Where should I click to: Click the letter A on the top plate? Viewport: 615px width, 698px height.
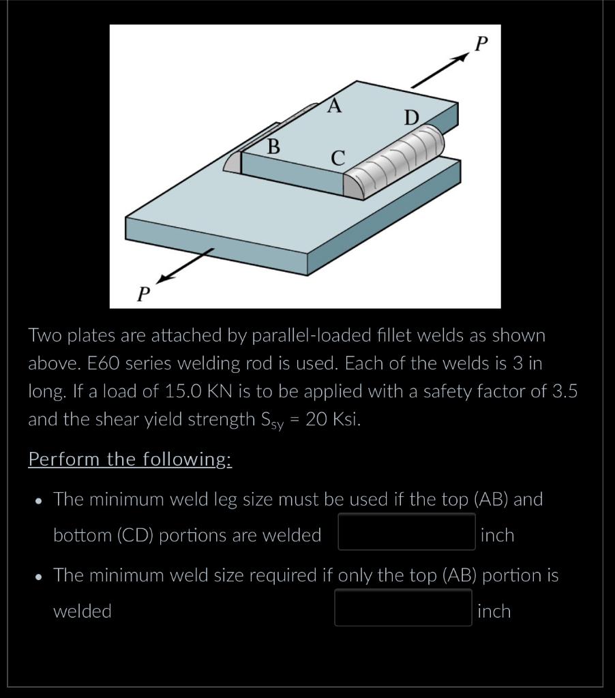(x=333, y=106)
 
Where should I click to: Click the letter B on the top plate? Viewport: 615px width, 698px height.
(x=273, y=146)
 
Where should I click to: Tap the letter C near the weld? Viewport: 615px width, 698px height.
(x=338, y=157)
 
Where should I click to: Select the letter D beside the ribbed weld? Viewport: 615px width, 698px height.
(x=410, y=118)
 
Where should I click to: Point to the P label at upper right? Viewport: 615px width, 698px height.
(x=481, y=44)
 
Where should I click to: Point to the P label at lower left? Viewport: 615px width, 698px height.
(x=143, y=294)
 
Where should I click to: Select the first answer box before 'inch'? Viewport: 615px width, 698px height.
(x=406, y=532)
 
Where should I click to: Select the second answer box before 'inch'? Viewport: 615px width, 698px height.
(x=403, y=607)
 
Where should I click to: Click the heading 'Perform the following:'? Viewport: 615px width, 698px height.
(x=130, y=459)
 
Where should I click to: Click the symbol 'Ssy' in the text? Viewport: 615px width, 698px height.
(x=276, y=421)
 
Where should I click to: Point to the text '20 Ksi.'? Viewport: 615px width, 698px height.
(x=333, y=419)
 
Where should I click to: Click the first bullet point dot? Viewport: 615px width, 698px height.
(x=39, y=500)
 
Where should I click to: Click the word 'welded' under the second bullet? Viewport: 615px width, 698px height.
(x=82, y=611)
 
